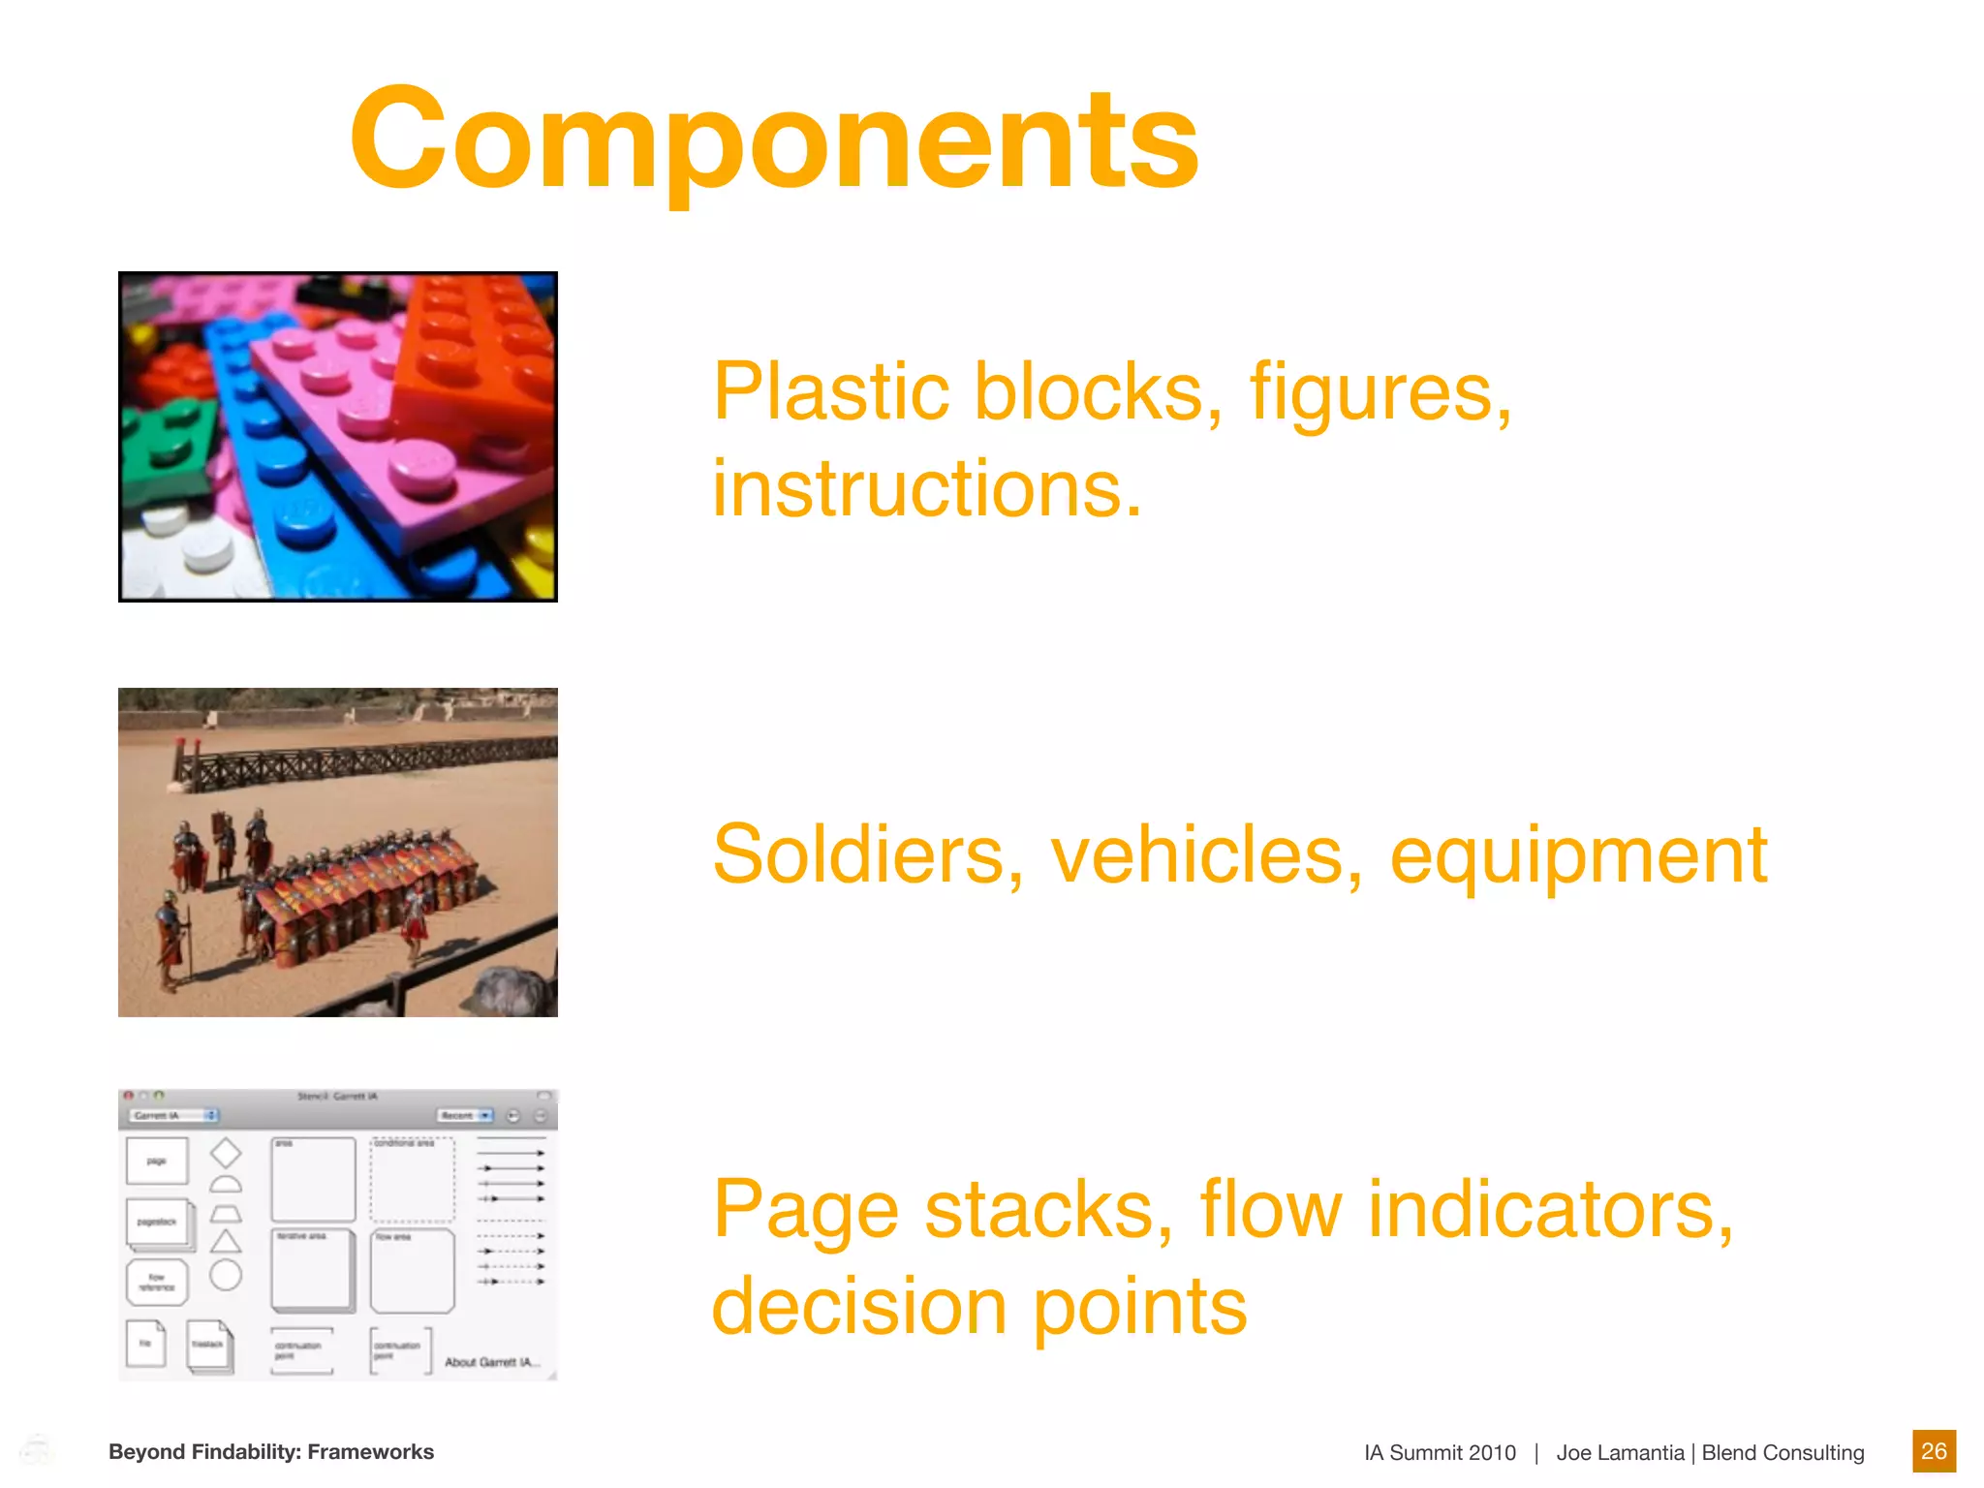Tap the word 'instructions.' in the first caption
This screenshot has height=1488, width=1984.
coord(927,489)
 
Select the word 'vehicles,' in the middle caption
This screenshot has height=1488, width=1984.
coord(1206,855)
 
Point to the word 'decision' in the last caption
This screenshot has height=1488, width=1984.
coord(858,1307)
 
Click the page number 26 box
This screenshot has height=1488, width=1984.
coord(1934,1451)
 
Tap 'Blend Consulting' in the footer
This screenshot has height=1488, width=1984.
coord(1782,1452)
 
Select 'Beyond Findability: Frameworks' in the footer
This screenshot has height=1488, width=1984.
coord(271,1451)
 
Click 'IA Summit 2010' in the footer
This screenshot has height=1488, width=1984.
coord(1440,1452)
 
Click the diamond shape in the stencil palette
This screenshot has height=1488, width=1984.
coord(226,1153)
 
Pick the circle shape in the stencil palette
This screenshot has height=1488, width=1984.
coord(226,1275)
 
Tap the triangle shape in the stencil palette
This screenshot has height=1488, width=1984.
coord(226,1242)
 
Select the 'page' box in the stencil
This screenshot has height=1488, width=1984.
coord(157,1161)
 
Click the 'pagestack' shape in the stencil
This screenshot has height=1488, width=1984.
coord(159,1223)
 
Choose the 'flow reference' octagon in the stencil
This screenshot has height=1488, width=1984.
coord(157,1283)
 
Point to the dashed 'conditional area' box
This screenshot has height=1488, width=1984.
coord(412,1180)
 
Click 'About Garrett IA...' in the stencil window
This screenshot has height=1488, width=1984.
coord(492,1362)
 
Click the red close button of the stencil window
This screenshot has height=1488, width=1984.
coord(129,1096)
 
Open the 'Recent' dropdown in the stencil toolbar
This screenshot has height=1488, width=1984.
coord(465,1116)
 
